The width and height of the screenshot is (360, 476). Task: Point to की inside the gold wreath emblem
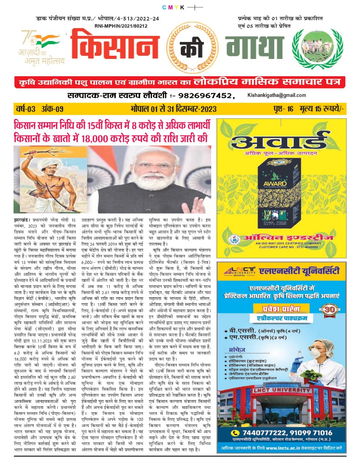click(190, 48)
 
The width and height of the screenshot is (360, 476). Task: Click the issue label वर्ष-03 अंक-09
click(40, 109)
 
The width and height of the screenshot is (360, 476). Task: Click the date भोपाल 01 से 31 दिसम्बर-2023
click(173, 109)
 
